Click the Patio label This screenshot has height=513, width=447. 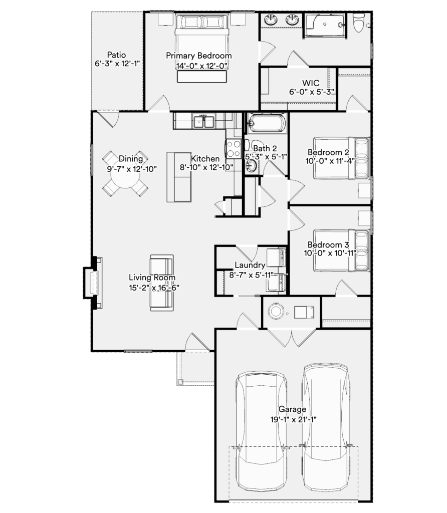point(116,55)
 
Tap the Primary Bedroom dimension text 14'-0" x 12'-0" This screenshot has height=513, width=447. point(201,66)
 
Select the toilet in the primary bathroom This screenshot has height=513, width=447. point(359,23)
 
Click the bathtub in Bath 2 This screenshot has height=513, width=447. point(266,123)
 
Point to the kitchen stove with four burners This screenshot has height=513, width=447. point(234,148)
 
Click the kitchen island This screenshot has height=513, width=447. point(179,177)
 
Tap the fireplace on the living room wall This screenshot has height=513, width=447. point(93,283)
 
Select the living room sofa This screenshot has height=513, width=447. point(162,283)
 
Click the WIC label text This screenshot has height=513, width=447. point(311,83)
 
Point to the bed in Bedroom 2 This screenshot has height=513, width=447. point(342,158)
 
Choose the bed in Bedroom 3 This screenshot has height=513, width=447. point(342,250)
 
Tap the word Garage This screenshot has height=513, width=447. point(292,409)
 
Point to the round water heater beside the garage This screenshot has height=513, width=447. point(276,311)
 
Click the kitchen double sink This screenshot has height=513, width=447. point(203,121)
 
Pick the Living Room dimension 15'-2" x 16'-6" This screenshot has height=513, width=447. point(154,288)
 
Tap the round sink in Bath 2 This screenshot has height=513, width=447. point(252,166)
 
